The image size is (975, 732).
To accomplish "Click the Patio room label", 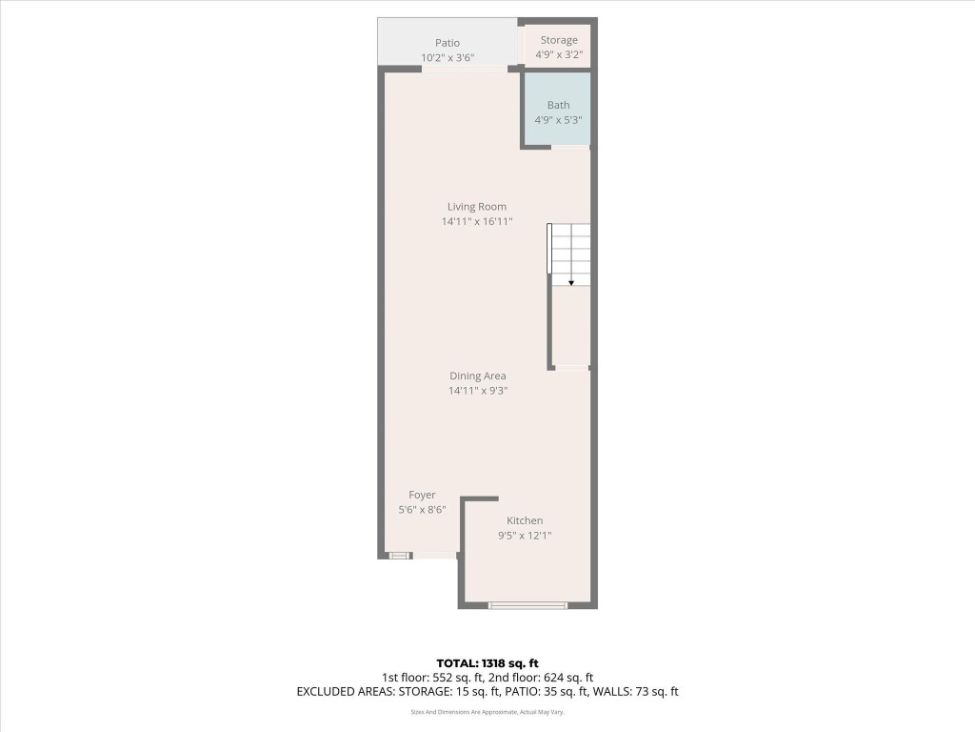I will coord(448,43).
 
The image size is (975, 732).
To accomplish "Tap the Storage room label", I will coord(559,40).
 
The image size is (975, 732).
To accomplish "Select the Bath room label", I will coord(558,105).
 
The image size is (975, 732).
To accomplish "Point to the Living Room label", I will coord(477,207).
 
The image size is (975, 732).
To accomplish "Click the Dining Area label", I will coord(477,376).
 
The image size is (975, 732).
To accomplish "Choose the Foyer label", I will coord(422,495).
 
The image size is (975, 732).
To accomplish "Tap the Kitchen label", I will coord(525,520).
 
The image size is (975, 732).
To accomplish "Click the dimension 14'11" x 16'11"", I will coord(477,222).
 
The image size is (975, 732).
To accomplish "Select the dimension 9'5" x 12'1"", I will coord(525,536).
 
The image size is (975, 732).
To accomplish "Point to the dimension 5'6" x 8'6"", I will coord(422,510).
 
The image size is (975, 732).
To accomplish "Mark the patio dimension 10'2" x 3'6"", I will coord(448,58).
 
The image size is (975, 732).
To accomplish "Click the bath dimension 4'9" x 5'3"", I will coord(558,120).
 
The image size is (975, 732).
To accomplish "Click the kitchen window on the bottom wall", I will coord(527,605).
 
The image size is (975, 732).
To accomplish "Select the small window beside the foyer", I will coord(399,555).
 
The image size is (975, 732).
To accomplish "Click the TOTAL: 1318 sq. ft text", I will coord(487,663).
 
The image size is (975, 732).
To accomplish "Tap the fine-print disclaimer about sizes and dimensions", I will coord(487,712).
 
